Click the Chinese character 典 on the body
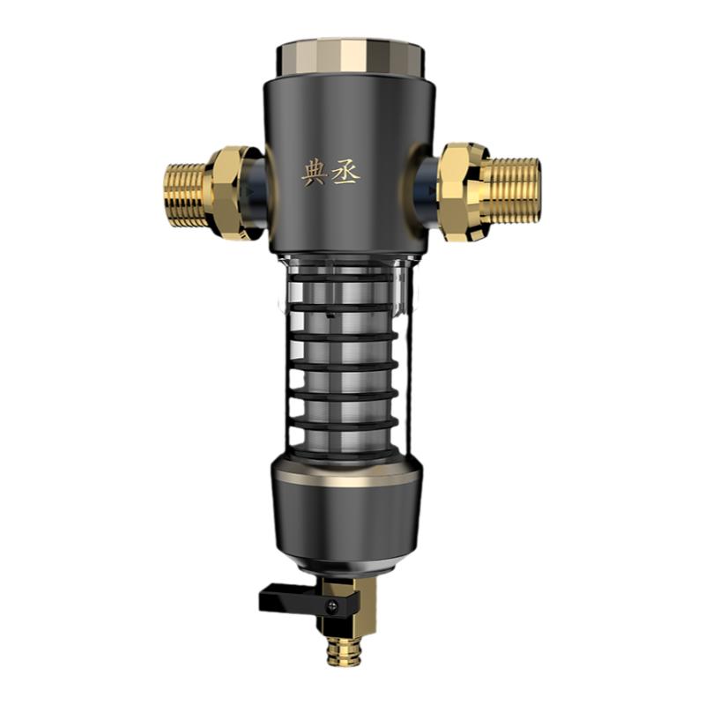click(314, 174)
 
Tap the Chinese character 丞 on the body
click(345, 174)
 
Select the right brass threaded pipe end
click(512, 190)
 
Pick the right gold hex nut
click(464, 191)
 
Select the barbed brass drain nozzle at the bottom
click(338, 649)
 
